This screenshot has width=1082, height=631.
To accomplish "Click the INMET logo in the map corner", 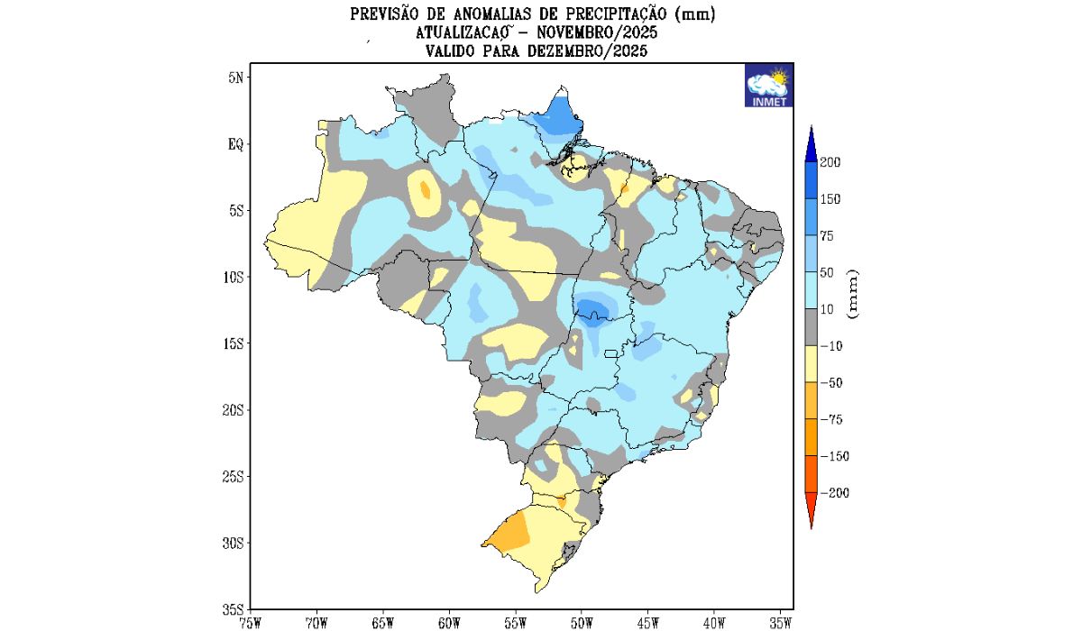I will coord(768,86).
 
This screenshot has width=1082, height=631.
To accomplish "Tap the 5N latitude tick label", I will coord(235,78).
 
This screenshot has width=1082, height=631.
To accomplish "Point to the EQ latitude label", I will coord(234,144).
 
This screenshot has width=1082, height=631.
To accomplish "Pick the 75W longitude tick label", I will coord(251,622).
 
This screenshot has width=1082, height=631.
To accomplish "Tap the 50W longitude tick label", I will coord(582,622).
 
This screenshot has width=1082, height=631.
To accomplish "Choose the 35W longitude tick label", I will coord(782,622).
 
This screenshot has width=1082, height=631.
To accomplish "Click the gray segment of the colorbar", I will coord(811,327).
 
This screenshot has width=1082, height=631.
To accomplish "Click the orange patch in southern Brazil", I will coord(509,533).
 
